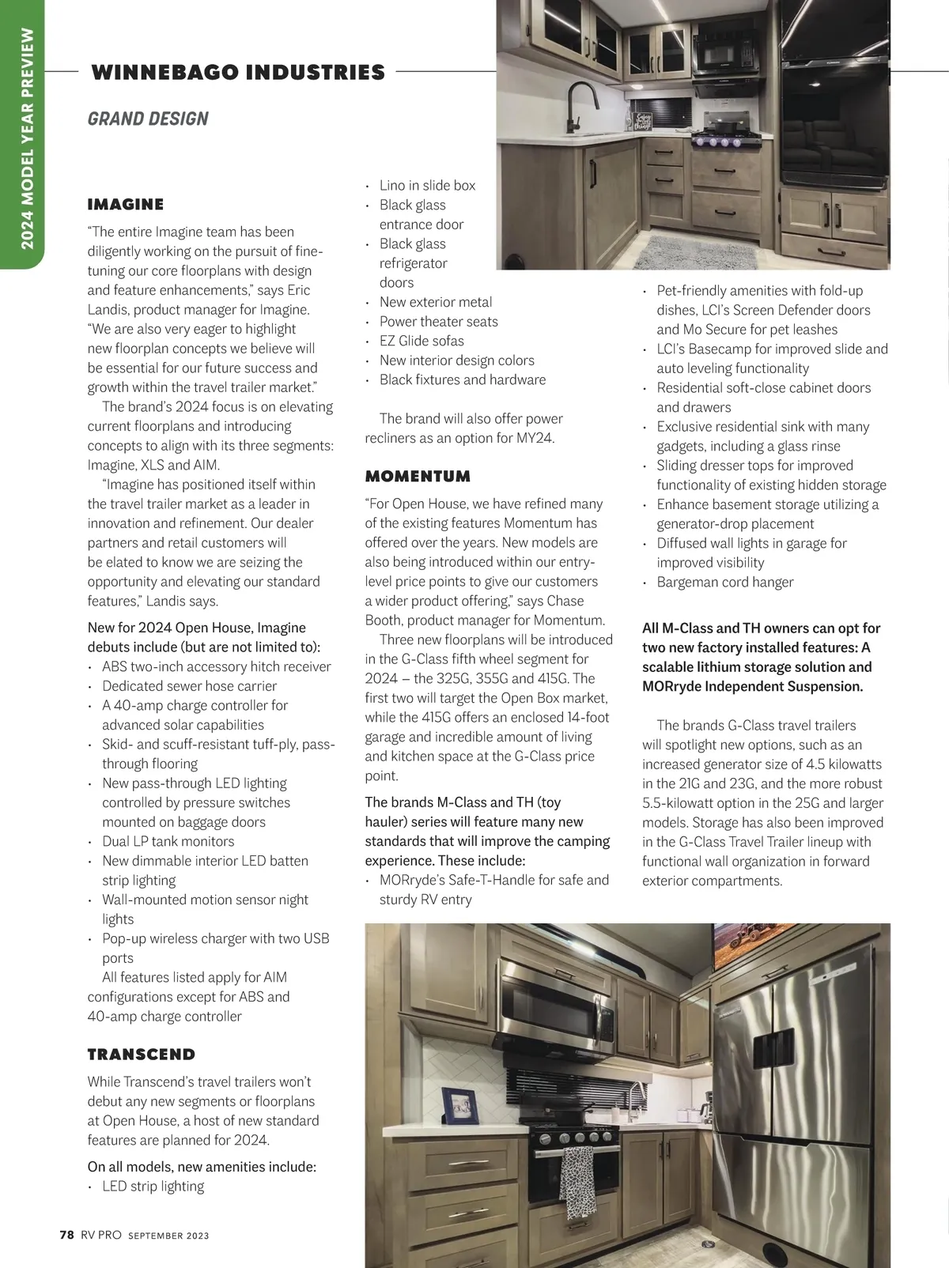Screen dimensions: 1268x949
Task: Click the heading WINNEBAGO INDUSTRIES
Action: (238, 73)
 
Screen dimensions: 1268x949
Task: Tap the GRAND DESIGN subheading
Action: (148, 119)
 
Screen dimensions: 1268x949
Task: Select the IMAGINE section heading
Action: (126, 205)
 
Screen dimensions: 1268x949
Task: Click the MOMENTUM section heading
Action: (418, 477)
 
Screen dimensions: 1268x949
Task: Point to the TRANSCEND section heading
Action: (142, 1055)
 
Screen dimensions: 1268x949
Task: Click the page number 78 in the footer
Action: (67, 1235)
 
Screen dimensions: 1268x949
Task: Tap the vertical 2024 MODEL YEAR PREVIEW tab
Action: (28, 138)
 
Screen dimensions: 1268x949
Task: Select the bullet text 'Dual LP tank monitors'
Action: (168, 841)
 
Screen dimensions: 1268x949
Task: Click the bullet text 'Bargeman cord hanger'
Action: (724, 583)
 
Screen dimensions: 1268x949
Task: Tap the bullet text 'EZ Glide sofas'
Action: (422, 341)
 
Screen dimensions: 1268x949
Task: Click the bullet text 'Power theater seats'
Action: (438, 322)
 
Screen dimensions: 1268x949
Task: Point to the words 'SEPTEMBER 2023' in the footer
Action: (168, 1236)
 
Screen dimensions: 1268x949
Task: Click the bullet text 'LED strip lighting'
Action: (153, 1187)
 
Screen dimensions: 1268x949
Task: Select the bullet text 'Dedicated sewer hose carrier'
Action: (189, 686)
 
